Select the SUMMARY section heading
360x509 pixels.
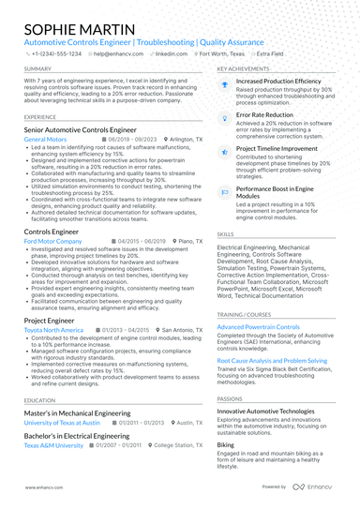pyautogui.click(x=37, y=69)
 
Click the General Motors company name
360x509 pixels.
pyautogui.click(x=45, y=139)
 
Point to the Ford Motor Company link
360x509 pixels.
pyautogui.click(x=53, y=241)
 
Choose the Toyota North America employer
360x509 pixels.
pyautogui.click(x=53, y=330)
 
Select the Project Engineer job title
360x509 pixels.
pyautogui.click(x=49, y=320)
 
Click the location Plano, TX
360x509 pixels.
pyautogui.click(x=165, y=241)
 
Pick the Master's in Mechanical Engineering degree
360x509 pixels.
pyautogui.click(x=77, y=412)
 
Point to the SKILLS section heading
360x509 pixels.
pyautogui.click(x=226, y=233)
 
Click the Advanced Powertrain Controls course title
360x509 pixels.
pyautogui.click(x=259, y=326)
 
